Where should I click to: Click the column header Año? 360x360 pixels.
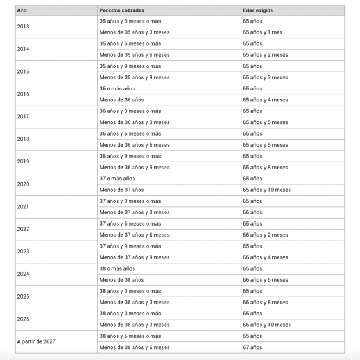[22, 10]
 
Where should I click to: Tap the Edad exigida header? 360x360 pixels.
[258, 10]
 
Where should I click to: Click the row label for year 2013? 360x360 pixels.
[24, 27]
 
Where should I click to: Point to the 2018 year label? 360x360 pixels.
[24, 139]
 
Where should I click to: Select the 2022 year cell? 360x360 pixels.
[24, 229]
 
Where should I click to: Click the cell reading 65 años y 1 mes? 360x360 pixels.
[263, 32]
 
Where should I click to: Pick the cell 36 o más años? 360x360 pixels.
[117, 89]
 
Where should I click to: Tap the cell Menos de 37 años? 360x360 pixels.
[122, 190]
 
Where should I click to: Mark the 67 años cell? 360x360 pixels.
[253, 347]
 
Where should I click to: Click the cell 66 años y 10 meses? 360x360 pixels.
[267, 325]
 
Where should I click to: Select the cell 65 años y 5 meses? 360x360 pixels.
[265, 122]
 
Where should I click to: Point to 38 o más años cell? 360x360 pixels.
[117, 268]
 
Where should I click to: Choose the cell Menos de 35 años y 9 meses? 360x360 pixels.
[134, 77]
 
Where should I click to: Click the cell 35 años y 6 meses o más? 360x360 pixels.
[130, 43]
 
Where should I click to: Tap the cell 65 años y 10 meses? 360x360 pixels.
[267, 190]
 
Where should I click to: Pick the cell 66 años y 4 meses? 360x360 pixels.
[265, 257]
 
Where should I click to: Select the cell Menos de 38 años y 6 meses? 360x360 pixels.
[134, 347]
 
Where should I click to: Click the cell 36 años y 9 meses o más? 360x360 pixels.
[130, 156]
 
